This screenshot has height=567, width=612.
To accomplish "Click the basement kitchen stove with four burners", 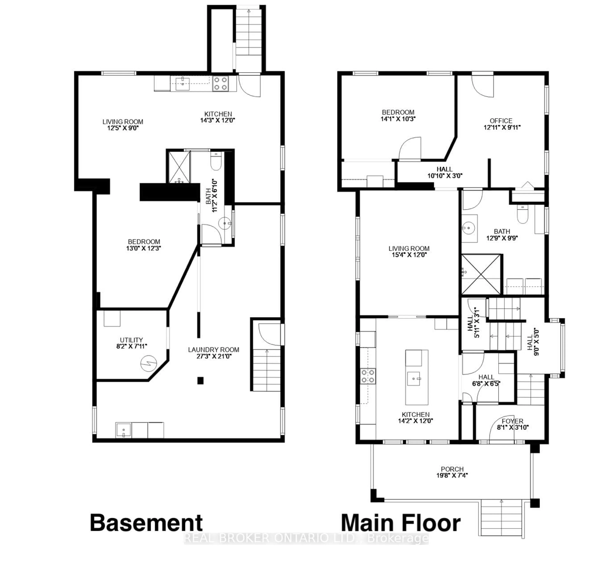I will click(220, 84).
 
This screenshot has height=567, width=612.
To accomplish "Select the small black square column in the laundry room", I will click(200, 380).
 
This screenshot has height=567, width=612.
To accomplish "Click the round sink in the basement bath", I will click(225, 223).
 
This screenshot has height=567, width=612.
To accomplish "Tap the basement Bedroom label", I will click(144, 242).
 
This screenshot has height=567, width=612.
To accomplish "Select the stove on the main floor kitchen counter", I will click(368, 376).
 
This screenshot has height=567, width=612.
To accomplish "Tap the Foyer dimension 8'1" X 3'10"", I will click(513, 427).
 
